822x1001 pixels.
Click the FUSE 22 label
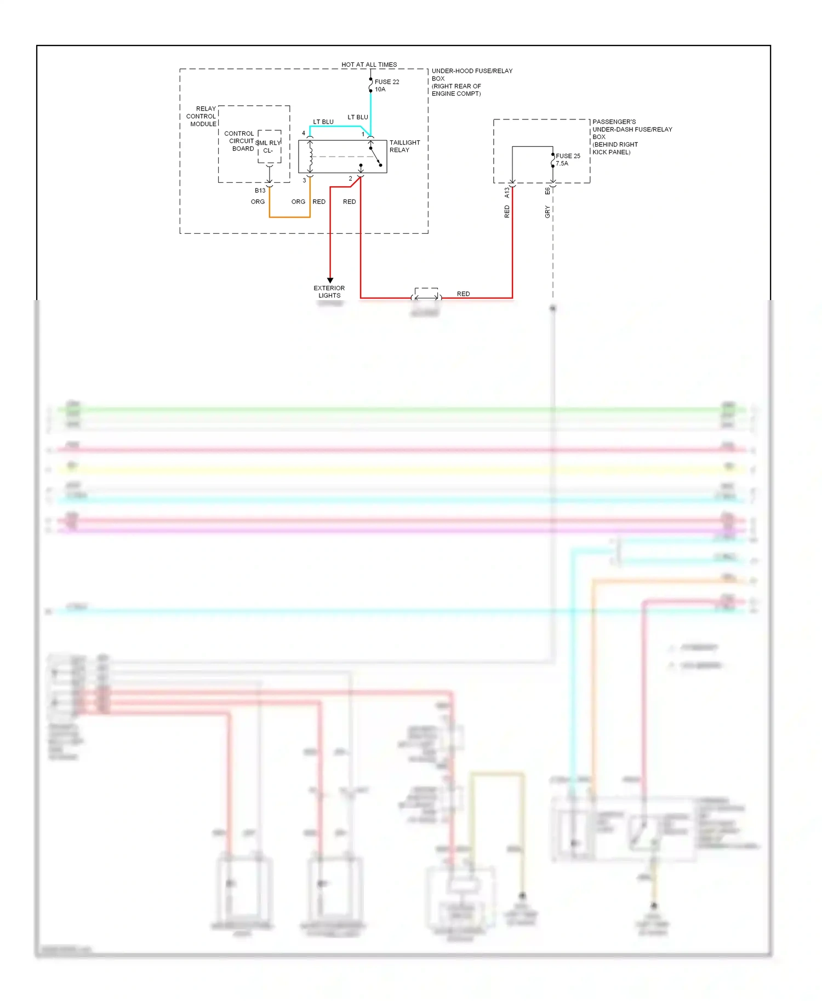click(386, 82)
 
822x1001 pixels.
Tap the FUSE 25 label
click(568, 156)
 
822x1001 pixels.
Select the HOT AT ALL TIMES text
click(369, 65)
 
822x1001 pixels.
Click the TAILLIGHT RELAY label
click(404, 146)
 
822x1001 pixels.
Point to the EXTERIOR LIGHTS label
click(329, 292)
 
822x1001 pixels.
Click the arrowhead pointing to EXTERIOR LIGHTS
click(330, 280)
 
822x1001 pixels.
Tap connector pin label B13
click(260, 191)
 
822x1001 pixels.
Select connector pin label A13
click(507, 193)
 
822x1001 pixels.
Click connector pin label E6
click(547, 191)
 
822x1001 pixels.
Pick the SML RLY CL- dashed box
click(269, 146)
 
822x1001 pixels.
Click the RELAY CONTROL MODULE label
click(202, 116)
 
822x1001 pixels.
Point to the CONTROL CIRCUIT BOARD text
click(240, 141)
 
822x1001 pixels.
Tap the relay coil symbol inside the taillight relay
click(310, 157)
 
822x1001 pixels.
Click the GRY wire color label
click(547, 212)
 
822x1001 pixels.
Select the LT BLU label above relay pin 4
click(323, 122)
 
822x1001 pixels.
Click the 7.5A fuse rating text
click(562, 164)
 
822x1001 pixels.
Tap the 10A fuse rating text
click(380, 89)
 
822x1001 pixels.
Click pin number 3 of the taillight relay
click(304, 180)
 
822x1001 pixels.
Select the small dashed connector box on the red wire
click(426, 294)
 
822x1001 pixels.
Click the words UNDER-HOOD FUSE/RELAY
click(472, 71)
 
